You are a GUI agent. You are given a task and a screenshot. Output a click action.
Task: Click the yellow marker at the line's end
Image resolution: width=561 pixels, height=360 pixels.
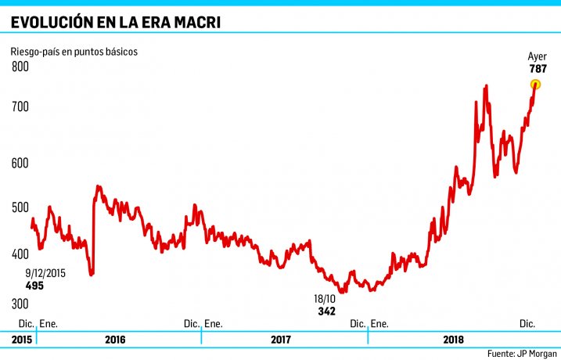point(536,85)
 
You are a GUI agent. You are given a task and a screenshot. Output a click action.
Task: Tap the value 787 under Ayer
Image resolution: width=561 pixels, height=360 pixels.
point(538,69)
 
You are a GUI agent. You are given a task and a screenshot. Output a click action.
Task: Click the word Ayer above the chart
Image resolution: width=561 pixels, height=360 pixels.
point(537,56)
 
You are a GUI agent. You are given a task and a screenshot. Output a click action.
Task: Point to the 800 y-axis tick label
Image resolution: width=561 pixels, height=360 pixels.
point(20,67)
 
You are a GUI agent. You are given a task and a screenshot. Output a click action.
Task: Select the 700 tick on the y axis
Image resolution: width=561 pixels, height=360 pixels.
point(20,105)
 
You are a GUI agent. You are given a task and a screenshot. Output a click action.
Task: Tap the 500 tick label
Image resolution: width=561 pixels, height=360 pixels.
point(20,207)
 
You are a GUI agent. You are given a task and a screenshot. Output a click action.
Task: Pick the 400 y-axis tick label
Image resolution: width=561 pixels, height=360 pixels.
point(20,254)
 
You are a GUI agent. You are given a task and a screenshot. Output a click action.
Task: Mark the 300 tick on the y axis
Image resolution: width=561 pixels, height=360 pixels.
point(20,304)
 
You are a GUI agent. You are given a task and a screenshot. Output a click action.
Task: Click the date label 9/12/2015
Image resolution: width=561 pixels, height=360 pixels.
point(45,273)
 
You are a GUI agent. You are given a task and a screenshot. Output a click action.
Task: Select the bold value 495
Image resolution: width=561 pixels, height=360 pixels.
point(34,286)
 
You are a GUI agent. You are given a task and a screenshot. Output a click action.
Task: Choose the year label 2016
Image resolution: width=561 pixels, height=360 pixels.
point(114,340)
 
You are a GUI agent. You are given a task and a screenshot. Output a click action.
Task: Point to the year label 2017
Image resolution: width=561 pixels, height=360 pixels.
point(281,340)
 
